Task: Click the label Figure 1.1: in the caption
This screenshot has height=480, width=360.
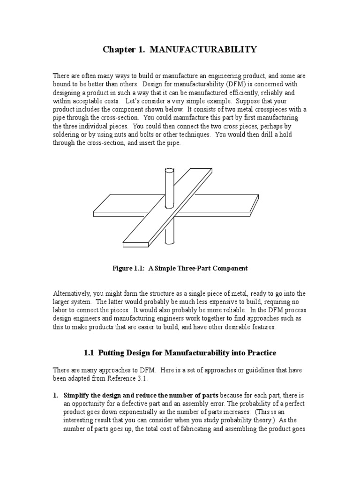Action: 129,269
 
